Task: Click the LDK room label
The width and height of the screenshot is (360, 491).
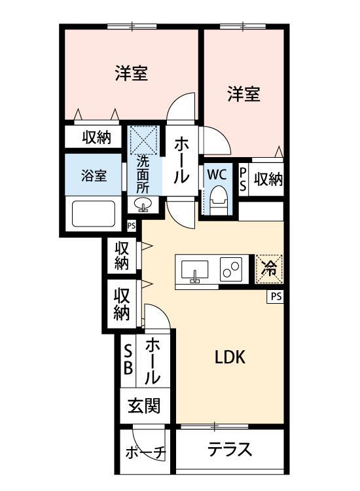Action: coord(230,357)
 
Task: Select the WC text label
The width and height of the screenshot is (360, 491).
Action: coord(217,175)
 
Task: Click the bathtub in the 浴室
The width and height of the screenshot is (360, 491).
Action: coord(93,213)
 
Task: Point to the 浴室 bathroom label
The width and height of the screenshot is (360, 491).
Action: coord(94,175)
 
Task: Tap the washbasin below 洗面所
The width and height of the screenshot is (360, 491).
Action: coord(143,205)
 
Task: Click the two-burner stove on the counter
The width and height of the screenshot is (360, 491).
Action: coord(232,268)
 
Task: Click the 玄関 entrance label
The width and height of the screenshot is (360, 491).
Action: coord(143,407)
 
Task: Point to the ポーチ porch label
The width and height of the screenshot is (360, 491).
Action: coord(145,452)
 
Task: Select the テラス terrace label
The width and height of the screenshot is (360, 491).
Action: coord(230,450)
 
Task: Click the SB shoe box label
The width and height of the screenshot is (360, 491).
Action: coord(128,359)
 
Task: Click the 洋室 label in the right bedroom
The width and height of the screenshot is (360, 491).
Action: coord(244,94)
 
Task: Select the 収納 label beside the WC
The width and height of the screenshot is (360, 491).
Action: coord(268,179)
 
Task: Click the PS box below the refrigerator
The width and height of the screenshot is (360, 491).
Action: coord(276,297)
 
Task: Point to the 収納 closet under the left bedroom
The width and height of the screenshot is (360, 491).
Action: coord(96,137)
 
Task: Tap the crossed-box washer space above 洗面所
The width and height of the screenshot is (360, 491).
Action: coord(143,139)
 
